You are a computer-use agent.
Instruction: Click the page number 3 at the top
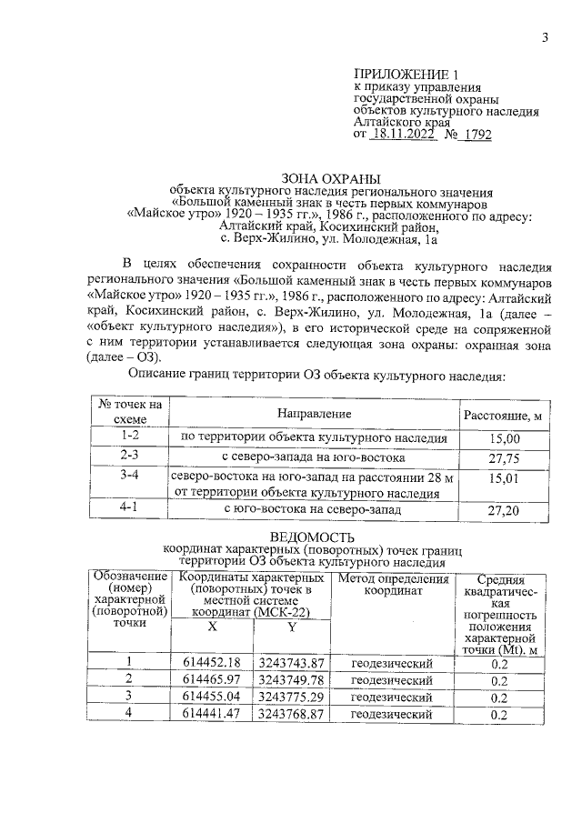tap(545, 37)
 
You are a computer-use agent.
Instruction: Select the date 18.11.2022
tap(404, 134)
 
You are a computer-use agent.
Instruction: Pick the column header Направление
tap(314, 414)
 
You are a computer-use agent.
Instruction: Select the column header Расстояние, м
tap(503, 416)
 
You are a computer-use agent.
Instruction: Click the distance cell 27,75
tap(503, 457)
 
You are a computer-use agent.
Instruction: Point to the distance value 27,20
tap(503, 511)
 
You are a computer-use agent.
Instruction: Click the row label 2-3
tap(128, 455)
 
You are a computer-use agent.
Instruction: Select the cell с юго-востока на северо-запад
tap(314, 509)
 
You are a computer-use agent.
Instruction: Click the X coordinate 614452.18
tap(211, 662)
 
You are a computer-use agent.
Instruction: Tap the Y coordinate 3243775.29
tap(291, 697)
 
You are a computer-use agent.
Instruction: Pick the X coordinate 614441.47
tap(211, 714)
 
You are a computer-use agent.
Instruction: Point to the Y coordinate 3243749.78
tap(291, 679)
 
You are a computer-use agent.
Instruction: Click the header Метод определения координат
tap(393, 585)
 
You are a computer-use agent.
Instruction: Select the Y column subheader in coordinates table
tap(291, 627)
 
